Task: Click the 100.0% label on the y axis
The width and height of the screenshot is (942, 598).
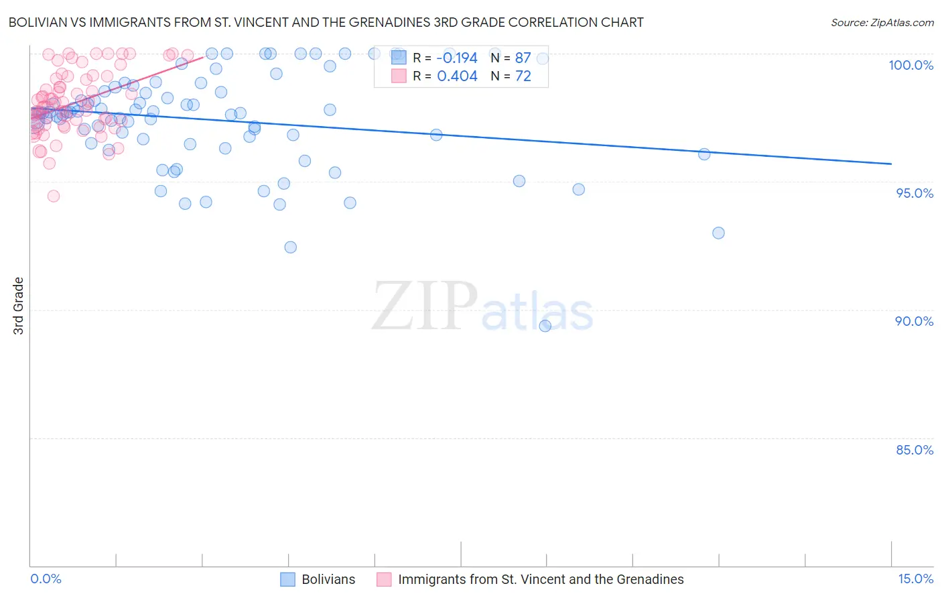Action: (x=911, y=65)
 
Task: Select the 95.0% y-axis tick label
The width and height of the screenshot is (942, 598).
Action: (x=915, y=193)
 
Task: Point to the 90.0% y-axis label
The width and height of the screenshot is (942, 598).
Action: (x=914, y=321)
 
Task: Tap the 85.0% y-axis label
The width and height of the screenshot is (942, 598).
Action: (x=915, y=450)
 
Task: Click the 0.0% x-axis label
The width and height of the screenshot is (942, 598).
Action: (x=46, y=579)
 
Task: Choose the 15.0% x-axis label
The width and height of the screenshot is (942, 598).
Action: (x=915, y=579)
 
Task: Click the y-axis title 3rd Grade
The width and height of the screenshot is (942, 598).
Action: (x=19, y=306)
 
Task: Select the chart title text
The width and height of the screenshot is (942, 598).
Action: (x=326, y=23)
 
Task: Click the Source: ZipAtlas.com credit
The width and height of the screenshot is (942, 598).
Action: (x=882, y=23)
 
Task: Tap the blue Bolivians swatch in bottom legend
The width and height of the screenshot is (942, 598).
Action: (x=287, y=580)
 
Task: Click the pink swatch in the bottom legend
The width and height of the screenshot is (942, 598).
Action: (x=384, y=580)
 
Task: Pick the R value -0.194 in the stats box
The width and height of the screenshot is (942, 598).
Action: (x=457, y=58)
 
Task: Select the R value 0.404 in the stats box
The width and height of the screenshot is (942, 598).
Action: (x=457, y=76)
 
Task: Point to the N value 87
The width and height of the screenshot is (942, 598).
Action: (x=523, y=58)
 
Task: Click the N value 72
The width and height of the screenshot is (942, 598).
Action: (x=523, y=76)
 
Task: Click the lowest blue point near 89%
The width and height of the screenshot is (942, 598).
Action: (x=545, y=326)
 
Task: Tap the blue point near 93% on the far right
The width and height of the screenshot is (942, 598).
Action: (x=718, y=233)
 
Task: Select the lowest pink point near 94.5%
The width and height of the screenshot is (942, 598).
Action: (x=54, y=196)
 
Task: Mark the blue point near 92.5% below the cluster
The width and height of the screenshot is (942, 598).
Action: (x=290, y=247)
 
